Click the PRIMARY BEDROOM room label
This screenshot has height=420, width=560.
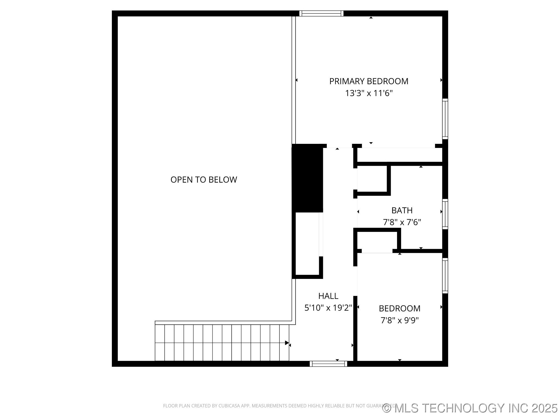[369, 81]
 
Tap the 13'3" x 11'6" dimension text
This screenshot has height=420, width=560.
[369, 94]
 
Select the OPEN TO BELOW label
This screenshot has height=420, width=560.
[204, 180]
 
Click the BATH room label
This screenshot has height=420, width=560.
[402, 210]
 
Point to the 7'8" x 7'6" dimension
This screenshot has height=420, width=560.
[402, 222]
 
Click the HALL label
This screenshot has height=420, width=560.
[328, 296]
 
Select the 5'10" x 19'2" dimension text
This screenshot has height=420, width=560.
[328, 308]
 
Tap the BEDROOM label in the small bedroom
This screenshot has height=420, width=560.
[399, 308]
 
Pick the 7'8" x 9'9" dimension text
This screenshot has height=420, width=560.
[399, 320]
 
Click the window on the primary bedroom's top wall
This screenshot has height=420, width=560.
[321, 14]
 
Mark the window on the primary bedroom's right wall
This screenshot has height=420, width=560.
[445, 119]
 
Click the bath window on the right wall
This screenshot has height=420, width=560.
[445, 214]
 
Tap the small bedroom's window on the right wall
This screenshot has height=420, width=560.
[445, 276]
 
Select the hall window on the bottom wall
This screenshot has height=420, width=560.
[328, 364]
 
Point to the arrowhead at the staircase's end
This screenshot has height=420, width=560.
[287, 343]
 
